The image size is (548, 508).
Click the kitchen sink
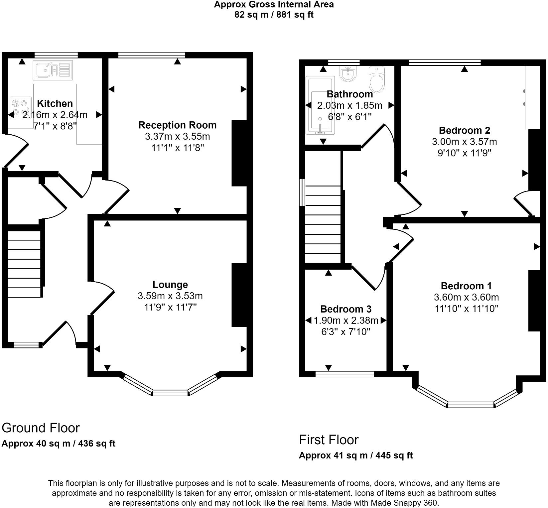click(x=53, y=70)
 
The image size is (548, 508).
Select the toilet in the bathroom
click(x=377, y=79)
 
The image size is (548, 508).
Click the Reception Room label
click(x=177, y=125)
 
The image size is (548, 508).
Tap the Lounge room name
click(x=170, y=285)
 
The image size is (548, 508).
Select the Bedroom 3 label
click(x=346, y=309)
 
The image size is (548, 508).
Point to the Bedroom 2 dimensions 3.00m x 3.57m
click(x=465, y=142)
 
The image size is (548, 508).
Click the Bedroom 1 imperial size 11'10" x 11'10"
click(x=467, y=309)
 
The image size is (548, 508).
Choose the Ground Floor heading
click(x=41, y=428)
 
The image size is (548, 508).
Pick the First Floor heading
click(x=329, y=440)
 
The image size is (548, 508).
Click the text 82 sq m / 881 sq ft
click(x=274, y=15)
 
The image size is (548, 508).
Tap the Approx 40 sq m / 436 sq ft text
click(x=59, y=444)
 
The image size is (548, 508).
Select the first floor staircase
click(x=323, y=224)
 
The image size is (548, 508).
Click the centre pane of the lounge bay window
click(x=171, y=393)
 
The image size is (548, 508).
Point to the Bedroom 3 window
click(x=345, y=374)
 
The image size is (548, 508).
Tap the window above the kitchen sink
click(x=56, y=55)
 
